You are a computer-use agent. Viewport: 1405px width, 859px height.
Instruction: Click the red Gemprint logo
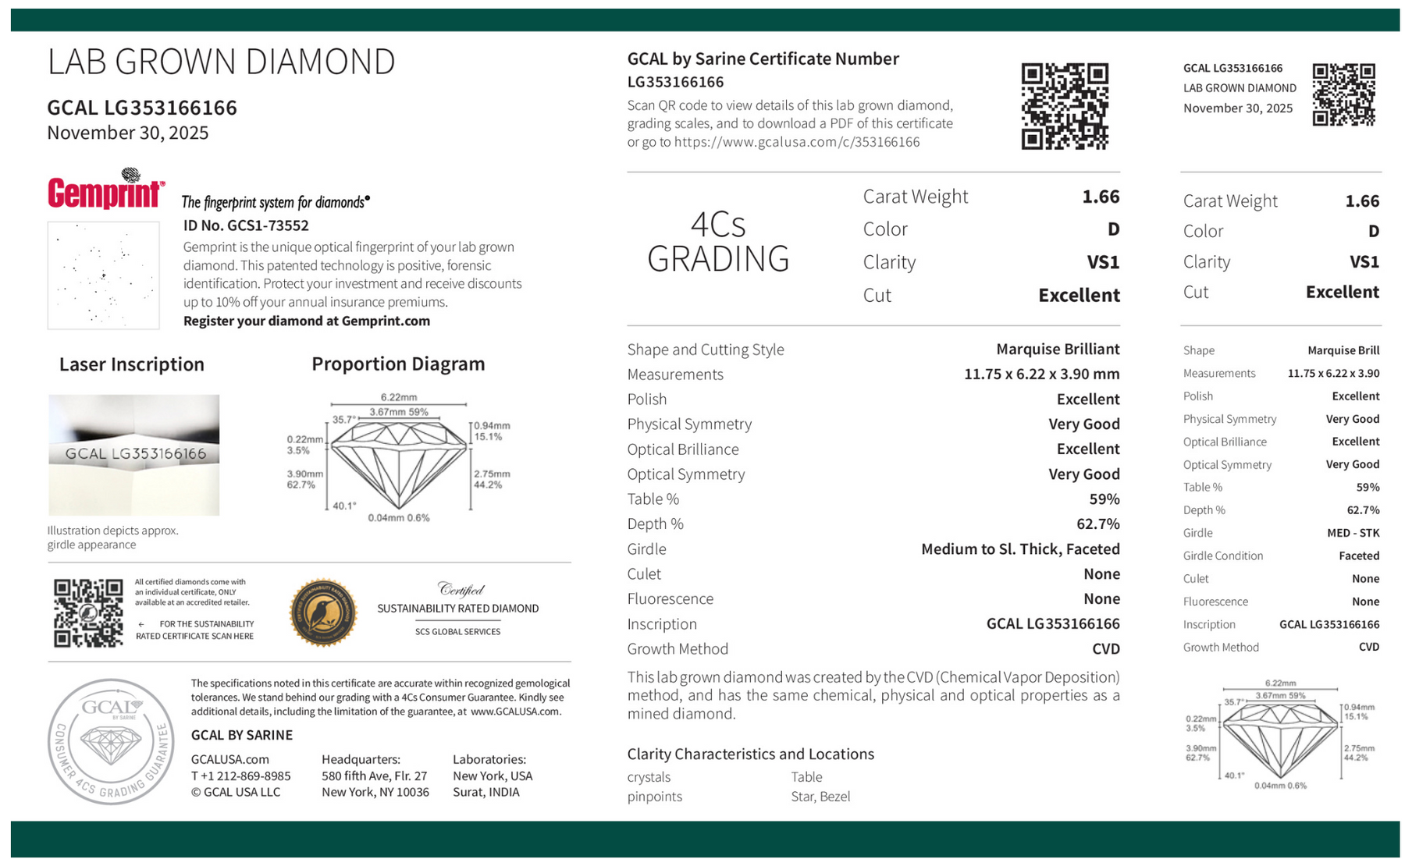tap(105, 191)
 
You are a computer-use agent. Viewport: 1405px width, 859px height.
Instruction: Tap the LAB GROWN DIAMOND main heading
tap(221, 62)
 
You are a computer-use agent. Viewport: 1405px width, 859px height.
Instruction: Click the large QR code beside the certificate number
tap(1065, 106)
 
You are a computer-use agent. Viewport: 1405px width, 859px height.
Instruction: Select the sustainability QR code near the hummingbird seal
tap(88, 613)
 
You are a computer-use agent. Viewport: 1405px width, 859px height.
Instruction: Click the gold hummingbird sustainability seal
tap(322, 613)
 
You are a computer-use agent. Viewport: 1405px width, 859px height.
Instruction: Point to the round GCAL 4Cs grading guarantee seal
tap(111, 741)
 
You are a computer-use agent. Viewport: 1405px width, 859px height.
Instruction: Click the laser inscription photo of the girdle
tap(134, 454)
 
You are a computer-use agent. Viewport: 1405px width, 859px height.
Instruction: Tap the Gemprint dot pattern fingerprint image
tap(103, 275)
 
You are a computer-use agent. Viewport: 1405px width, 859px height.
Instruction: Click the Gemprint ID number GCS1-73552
tap(246, 225)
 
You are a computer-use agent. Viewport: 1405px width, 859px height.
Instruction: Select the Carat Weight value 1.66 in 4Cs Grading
tap(1100, 197)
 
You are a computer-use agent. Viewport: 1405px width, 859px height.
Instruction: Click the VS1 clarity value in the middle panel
tap(1102, 262)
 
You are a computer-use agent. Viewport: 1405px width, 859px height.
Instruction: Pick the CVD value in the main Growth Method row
tap(1105, 649)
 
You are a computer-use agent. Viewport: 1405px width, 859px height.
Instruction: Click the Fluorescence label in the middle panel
tap(670, 599)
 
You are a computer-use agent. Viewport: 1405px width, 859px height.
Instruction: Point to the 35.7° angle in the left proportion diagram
tap(343, 420)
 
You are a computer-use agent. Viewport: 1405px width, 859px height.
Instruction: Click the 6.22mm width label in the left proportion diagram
tap(398, 397)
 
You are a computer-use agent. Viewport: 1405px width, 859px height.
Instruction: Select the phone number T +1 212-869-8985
tap(240, 776)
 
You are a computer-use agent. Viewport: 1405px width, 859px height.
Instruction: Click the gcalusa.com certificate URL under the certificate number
tap(796, 142)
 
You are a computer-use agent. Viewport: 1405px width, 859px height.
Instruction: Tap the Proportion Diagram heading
tap(398, 364)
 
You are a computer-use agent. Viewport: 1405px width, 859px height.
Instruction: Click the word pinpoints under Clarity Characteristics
tap(654, 797)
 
